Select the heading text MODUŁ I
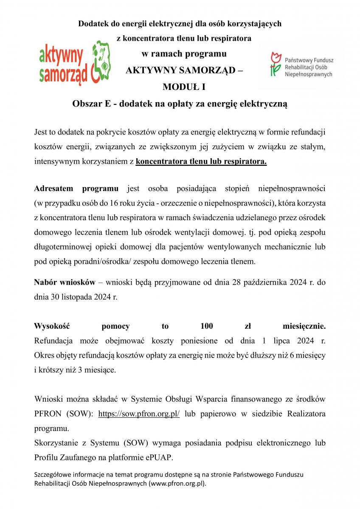point(184,87)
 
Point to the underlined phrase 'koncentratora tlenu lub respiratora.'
point(201,162)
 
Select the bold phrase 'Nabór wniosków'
point(64,282)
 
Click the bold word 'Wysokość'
point(51,326)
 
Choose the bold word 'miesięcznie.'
point(304,326)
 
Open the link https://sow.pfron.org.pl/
point(139,414)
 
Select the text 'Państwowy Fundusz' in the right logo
point(309,60)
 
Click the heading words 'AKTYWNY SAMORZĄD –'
point(184,70)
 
